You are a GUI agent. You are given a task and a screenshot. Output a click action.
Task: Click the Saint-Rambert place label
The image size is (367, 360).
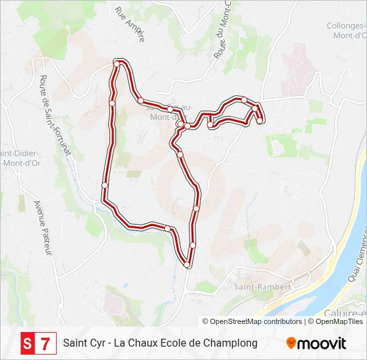click(262, 287)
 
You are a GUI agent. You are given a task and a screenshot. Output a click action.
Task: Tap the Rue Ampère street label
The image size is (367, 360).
click(129, 25)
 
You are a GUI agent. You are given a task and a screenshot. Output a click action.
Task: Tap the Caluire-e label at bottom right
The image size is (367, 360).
click(350, 313)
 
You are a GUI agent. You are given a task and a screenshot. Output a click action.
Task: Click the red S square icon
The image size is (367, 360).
click(27, 343)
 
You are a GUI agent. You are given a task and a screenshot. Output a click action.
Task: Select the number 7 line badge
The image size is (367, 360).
click(45, 343)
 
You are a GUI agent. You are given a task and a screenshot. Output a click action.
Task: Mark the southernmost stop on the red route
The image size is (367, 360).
click(188, 265)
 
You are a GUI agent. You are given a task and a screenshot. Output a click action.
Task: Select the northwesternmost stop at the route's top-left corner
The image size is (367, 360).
click(117, 63)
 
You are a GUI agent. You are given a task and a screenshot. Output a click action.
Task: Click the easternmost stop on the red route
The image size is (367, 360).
click(260, 121)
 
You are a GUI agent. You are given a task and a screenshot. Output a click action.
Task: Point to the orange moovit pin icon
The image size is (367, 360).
click(291, 343)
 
